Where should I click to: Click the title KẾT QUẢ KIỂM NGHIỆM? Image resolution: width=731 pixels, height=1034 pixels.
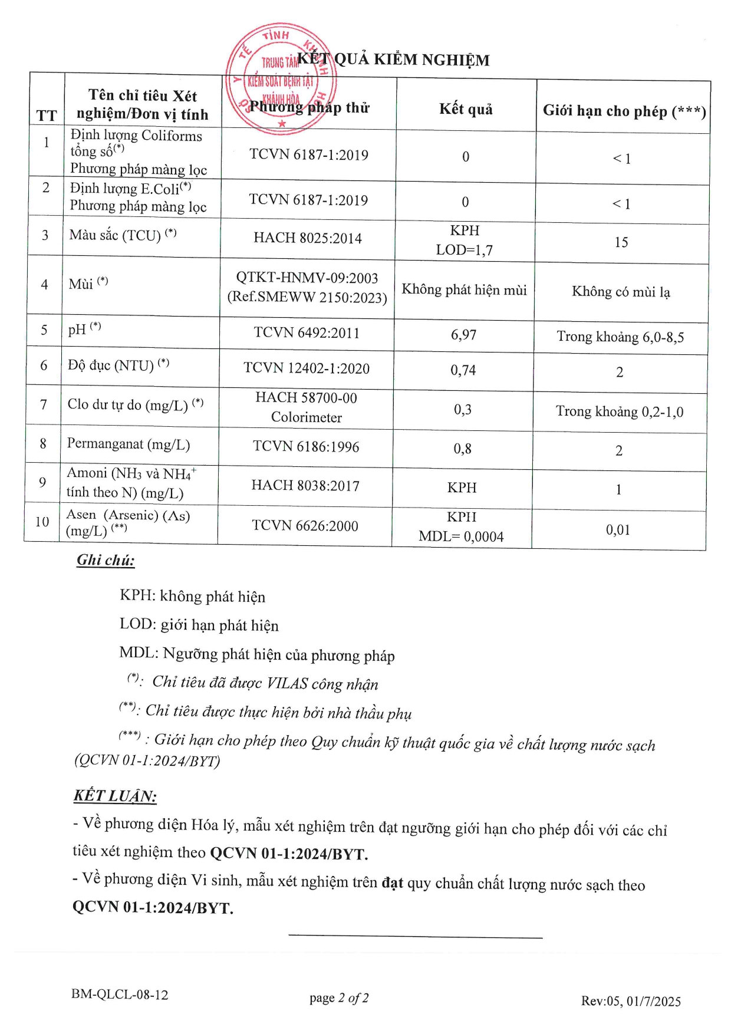[393, 60]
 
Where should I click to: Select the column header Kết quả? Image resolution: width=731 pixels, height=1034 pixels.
[466, 109]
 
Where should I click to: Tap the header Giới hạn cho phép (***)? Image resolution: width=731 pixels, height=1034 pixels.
[624, 111]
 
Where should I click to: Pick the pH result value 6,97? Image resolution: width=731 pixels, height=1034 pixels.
[463, 335]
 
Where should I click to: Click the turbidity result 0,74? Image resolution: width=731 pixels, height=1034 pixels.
[463, 370]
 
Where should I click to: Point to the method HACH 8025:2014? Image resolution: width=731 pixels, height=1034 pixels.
[308, 238]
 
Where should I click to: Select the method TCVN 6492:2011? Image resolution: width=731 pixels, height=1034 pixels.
[307, 333]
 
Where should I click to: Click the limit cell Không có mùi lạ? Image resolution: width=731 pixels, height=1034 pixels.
[621, 292]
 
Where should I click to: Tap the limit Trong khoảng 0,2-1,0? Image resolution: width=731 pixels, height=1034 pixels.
[620, 411]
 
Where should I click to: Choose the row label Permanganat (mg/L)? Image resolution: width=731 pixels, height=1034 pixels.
[129, 444]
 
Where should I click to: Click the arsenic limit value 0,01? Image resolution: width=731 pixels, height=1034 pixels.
[618, 530]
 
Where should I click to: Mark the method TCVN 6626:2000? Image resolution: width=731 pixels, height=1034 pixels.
[305, 526]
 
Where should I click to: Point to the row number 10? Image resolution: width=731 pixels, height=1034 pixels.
[42, 522]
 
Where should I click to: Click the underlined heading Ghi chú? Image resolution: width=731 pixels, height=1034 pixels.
[106, 560]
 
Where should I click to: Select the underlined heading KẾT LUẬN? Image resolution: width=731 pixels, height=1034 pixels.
[115, 796]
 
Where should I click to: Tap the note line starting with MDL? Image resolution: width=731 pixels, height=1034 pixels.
[256, 654]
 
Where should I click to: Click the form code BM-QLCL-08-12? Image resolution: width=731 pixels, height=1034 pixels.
[120, 995]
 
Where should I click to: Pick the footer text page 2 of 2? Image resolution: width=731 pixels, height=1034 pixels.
[339, 998]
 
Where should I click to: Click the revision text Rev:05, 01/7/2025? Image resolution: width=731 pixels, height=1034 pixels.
[631, 1001]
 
